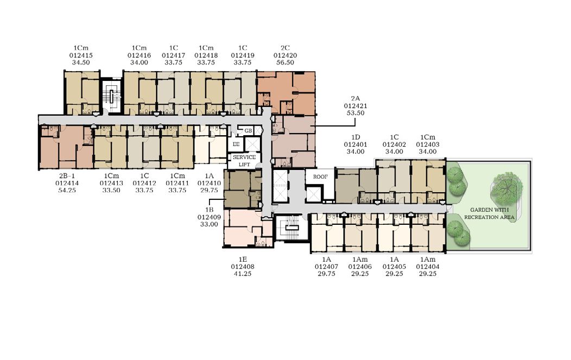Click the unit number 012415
(x=81, y=55)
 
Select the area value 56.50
(x=285, y=62)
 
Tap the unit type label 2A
(x=356, y=98)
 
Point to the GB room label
(x=248, y=130)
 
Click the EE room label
(x=236, y=144)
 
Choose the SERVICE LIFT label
(x=244, y=161)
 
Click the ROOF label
(x=320, y=176)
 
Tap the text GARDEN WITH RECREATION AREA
(x=489, y=213)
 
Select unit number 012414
(x=67, y=184)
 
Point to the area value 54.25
(x=67, y=190)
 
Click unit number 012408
(x=243, y=267)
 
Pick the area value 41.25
(x=243, y=274)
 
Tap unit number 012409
(x=209, y=217)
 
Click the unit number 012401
(x=356, y=144)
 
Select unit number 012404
(x=428, y=267)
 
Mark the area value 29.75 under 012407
(x=326, y=274)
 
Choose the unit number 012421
(x=356, y=106)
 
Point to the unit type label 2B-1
(x=67, y=176)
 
